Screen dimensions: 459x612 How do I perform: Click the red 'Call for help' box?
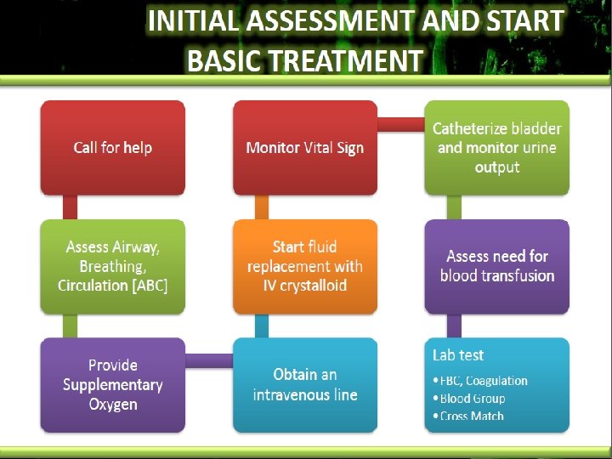pyautogui.click(x=113, y=147)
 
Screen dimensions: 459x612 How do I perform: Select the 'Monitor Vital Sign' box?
pyautogui.click(x=305, y=147)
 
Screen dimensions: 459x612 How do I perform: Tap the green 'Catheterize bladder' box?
pyautogui.click(x=497, y=147)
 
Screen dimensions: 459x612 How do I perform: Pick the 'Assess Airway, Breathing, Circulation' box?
pyautogui.click(x=113, y=266)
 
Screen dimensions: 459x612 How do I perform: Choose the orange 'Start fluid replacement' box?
pyautogui.click(x=305, y=266)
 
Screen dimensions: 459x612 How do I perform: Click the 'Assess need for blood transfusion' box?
pyautogui.click(x=497, y=266)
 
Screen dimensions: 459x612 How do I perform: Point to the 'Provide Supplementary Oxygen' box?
pyautogui.click(x=113, y=384)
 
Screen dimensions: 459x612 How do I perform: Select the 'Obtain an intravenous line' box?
pyautogui.click(x=305, y=384)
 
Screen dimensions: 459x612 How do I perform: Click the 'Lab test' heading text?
pyautogui.click(x=458, y=355)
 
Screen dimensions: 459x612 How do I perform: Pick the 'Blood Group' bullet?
pyautogui.click(x=473, y=399)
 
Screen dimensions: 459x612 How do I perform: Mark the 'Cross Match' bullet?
pyautogui.click(x=472, y=416)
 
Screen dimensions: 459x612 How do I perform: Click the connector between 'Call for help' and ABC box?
pyautogui.click(x=71, y=207)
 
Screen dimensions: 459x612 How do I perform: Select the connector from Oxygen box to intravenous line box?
pyautogui.click(x=209, y=360)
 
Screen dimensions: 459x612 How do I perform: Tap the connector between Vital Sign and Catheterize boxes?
pyautogui.click(x=401, y=125)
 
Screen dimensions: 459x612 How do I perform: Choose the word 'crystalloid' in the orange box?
pyautogui.click(x=314, y=286)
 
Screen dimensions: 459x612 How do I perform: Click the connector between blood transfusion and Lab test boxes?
pyautogui.click(x=455, y=326)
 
